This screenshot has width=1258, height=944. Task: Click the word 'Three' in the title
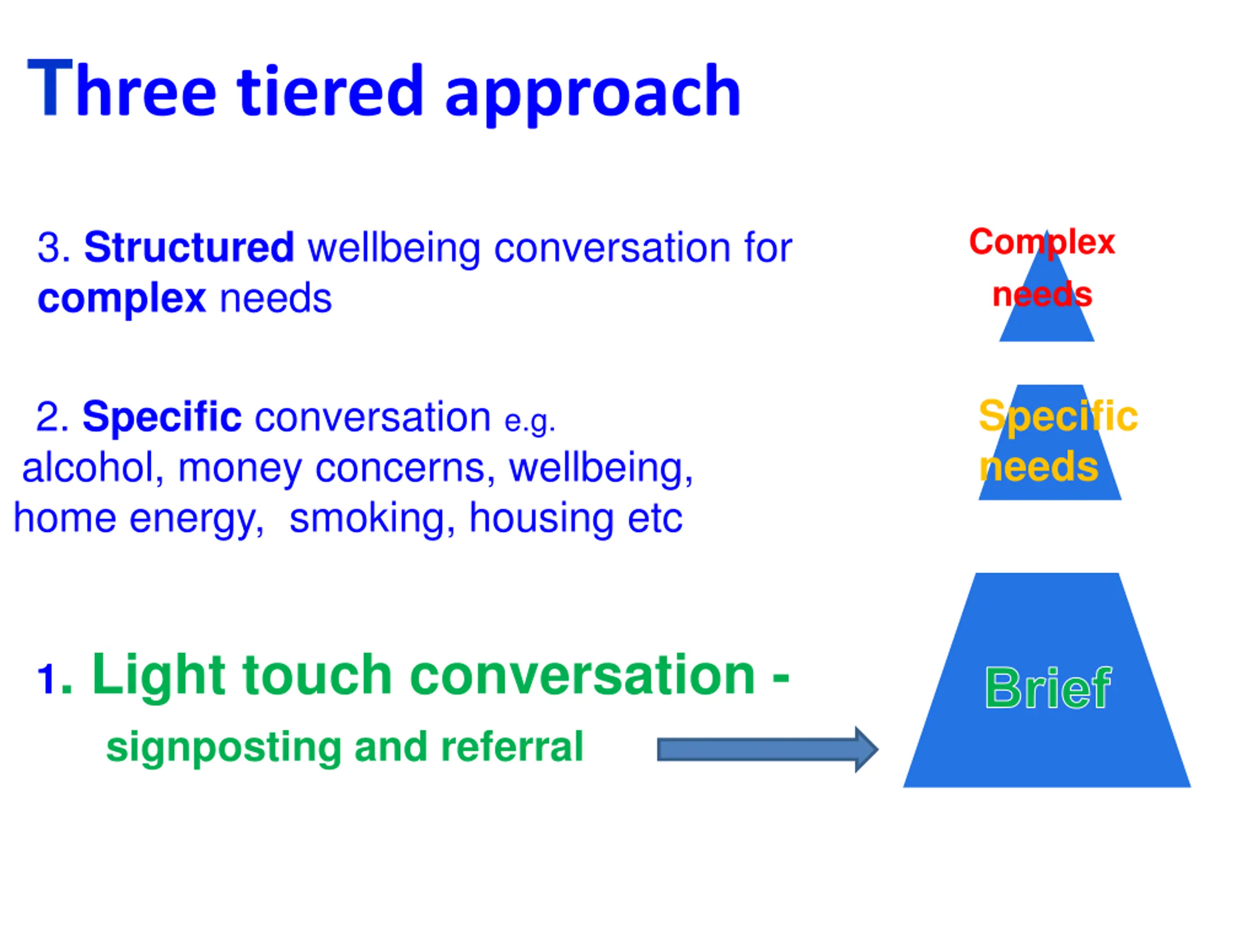[122, 90]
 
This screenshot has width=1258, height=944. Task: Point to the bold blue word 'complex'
[121, 298]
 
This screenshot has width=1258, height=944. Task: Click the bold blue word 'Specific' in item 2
[162, 417]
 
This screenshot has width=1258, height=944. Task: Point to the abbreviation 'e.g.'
[529, 421]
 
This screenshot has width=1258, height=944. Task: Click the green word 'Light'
[159, 676]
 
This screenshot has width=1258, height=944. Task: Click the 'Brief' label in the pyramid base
[1047, 688]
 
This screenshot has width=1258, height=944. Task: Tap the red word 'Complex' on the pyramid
[1042, 242]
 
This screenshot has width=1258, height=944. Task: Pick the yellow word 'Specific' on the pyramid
[1058, 416]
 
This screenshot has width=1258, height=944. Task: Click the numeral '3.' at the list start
[54, 248]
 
